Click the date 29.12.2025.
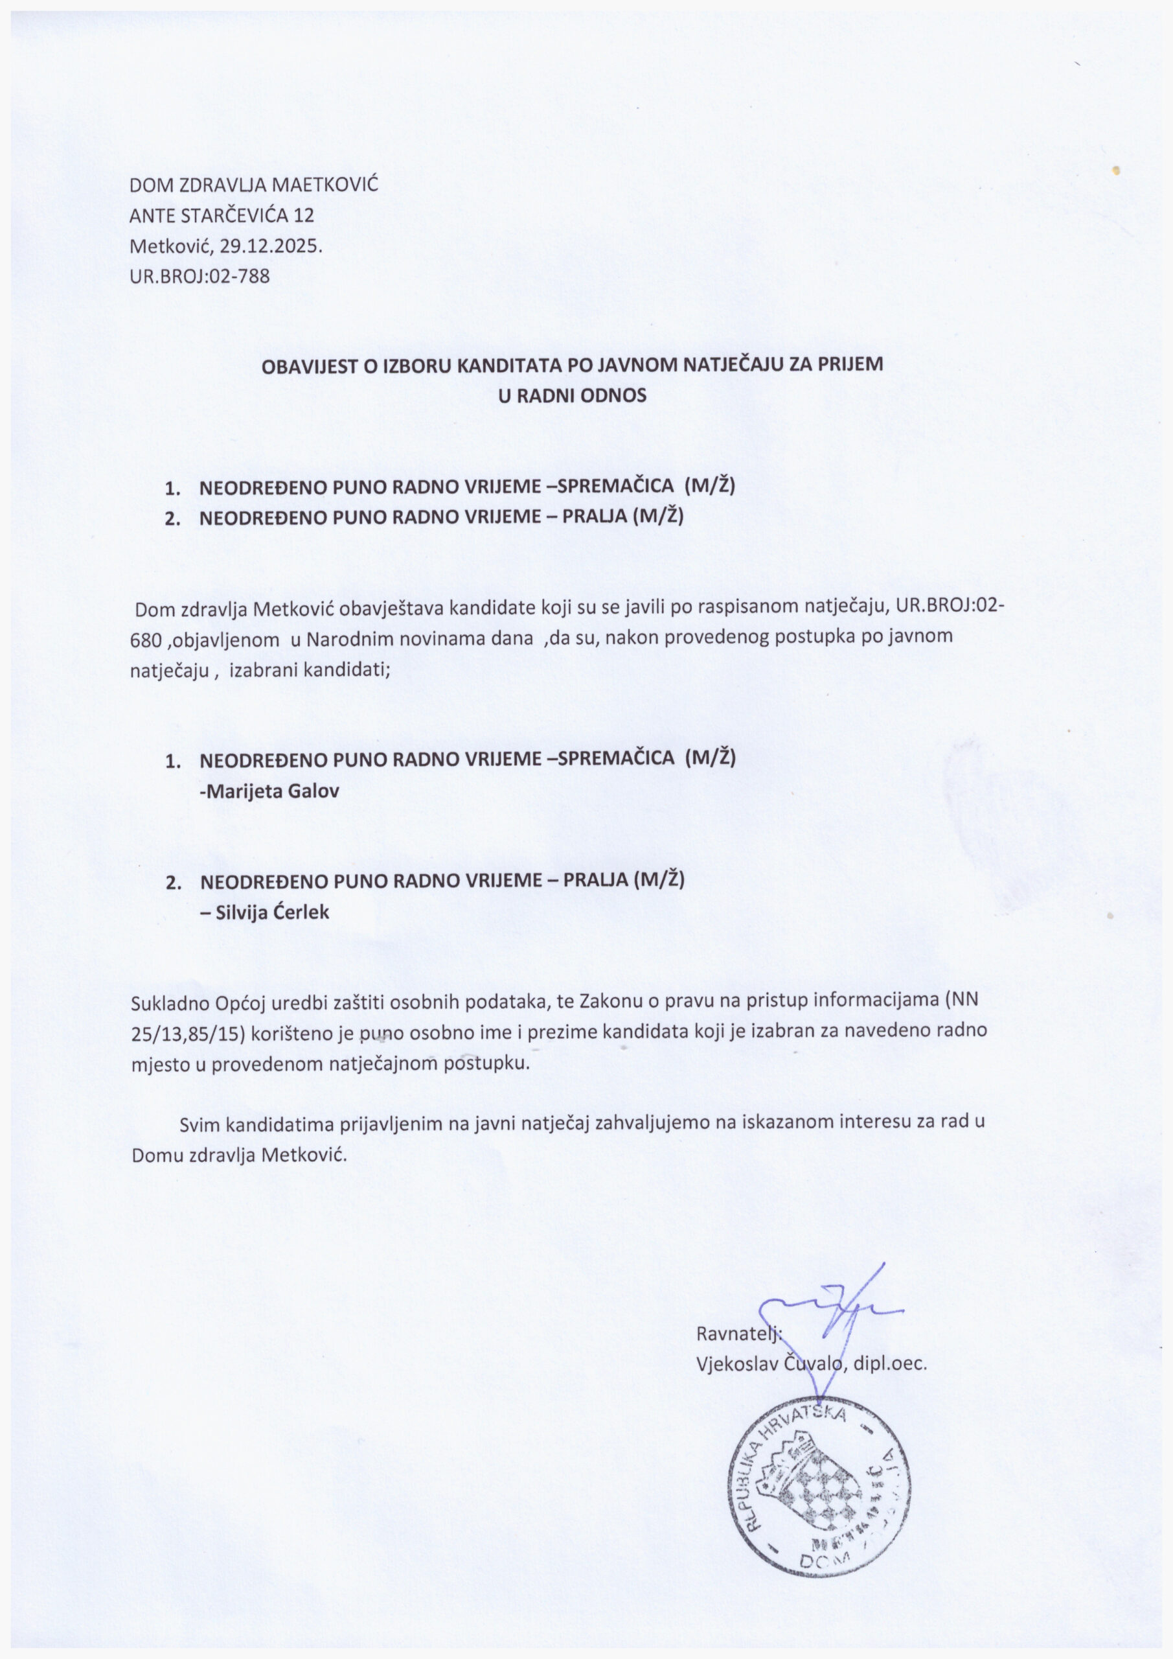click(x=270, y=246)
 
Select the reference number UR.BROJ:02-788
click(x=199, y=276)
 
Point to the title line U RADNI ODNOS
click(x=572, y=396)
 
